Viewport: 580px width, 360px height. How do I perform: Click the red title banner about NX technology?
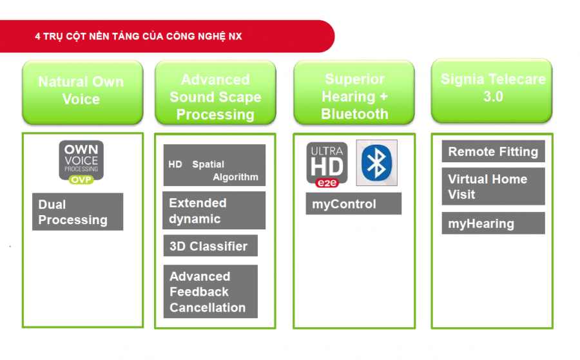pos(166,36)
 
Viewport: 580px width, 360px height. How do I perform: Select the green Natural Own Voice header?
pos(82,92)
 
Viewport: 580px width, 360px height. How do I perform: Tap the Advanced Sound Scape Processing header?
pos(215,92)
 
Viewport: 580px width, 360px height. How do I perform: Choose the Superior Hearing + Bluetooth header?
pos(354,92)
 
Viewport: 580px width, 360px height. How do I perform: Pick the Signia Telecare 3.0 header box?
pos(492,91)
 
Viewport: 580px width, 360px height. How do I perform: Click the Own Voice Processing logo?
pos(81,162)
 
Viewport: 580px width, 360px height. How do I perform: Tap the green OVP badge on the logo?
pos(81,180)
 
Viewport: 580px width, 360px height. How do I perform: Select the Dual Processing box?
pos(78,212)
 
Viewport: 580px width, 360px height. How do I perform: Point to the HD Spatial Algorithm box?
pos(215,166)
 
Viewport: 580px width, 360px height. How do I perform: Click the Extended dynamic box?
pos(214,211)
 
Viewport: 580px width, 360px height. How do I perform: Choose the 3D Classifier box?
pos(211,245)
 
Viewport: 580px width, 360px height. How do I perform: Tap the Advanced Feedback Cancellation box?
pos(211,291)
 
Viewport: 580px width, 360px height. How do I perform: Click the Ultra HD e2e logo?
pos(327,164)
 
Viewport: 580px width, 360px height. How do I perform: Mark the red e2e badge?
pos(327,183)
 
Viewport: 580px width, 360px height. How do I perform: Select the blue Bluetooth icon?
pos(376,163)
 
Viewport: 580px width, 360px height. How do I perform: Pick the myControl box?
pos(354,204)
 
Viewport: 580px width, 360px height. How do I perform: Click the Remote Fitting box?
pos(494,151)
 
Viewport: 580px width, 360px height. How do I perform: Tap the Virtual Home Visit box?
pos(494,186)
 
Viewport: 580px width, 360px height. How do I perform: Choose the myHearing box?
pos(494,223)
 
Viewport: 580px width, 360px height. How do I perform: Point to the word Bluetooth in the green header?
pos(354,114)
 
